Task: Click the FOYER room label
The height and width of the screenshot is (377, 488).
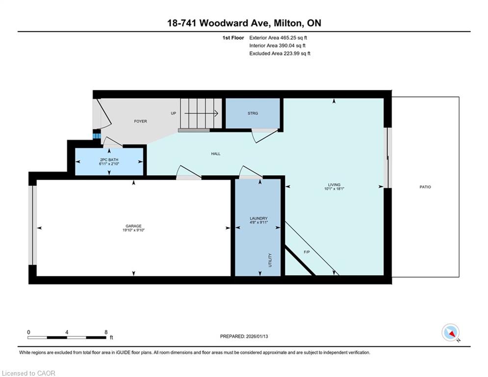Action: [x=140, y=121]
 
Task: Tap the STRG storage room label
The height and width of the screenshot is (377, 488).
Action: [x=253, y=113]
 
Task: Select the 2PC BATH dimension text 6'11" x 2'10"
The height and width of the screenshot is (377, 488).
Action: [x=109, y=163]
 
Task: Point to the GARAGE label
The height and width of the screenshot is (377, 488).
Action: [x=133, y=226]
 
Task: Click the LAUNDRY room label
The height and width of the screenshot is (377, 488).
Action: [x=258, y=218]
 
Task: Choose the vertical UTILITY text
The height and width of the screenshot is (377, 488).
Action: [x=270, y=260]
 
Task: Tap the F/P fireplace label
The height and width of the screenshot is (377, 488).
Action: [x=307, y=252]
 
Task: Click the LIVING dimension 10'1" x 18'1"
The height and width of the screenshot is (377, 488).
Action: [x=334, y=188]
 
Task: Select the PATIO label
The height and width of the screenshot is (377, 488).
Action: [x=425, y=187]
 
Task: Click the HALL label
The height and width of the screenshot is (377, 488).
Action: [x=216, y=154]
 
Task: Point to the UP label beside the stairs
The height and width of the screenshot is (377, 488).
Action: [x=173, y=113]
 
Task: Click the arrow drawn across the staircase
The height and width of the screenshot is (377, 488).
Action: [x=202, y=113]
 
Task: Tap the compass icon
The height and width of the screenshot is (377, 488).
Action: [x=450, y=333]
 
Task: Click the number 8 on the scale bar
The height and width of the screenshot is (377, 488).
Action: [x=106, y=332]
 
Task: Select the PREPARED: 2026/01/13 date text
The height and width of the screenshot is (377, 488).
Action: [x=244, y=336]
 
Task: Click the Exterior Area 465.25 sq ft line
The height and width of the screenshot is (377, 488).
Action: [x=278, y=38]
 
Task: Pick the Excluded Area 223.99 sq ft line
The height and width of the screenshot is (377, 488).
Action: [x=280, y=54]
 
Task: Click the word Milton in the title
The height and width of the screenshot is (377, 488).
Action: [x=288, y=23]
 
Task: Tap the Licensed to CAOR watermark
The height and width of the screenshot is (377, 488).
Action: [x=28, y=373]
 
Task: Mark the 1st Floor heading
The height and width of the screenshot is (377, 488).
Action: [x=233, y=38]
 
